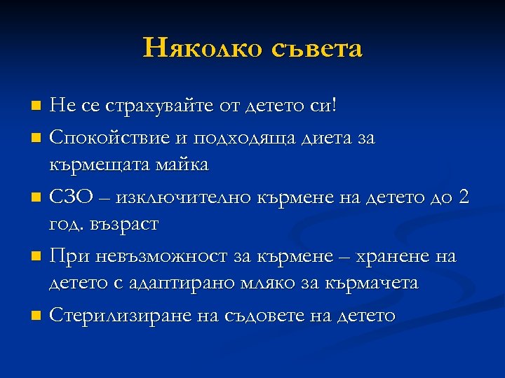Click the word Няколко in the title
tap(199, 48)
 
